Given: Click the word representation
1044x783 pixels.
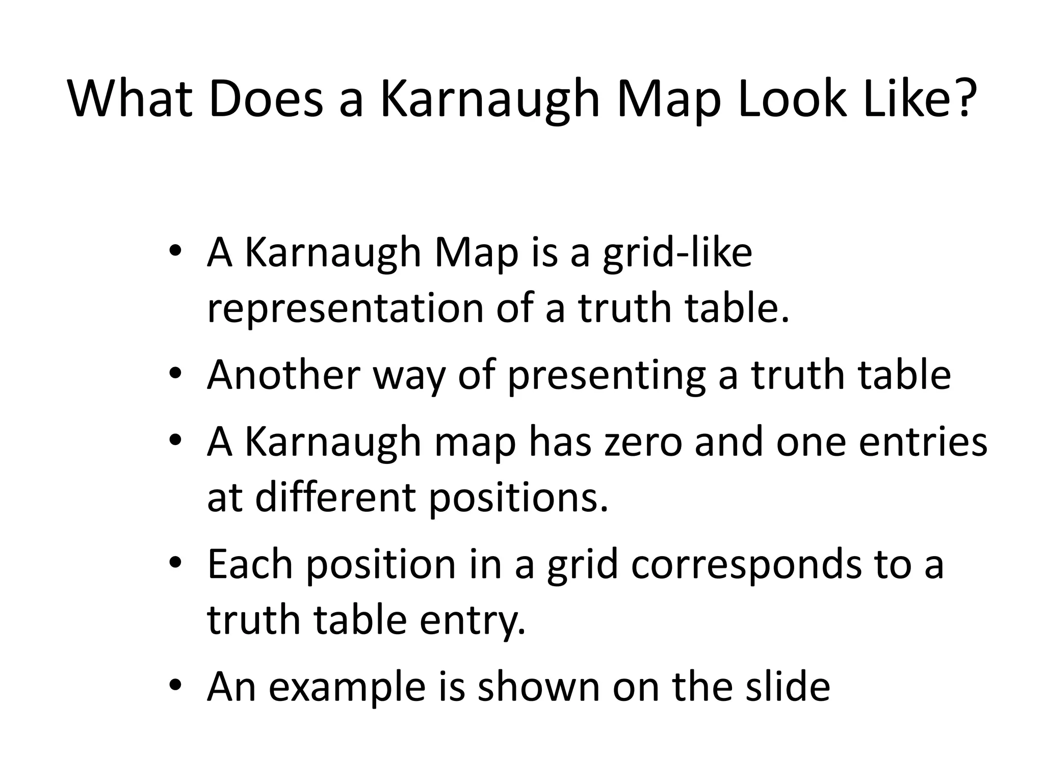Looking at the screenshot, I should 345,309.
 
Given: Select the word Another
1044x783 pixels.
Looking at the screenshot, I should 283,375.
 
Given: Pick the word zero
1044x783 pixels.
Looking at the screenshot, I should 643,442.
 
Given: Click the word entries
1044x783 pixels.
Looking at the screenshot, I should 923,442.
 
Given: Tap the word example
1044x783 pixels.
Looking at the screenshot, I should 347,688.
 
